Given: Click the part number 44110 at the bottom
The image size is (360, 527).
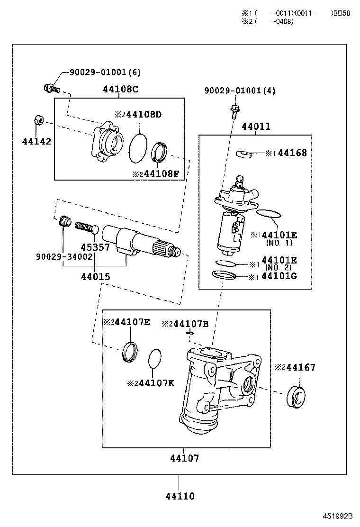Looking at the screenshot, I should pos(180,496).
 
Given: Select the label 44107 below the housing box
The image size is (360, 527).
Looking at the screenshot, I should pos(185,458).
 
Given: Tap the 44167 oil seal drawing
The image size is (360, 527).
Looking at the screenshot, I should pos(296,397).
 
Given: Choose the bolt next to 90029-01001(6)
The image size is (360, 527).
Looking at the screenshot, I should pos(51,88).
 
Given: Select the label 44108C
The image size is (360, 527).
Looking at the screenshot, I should pos(121,89).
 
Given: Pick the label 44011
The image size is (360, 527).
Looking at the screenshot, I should pos(256,127).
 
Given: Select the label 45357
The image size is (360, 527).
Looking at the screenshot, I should pos(95,247).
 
